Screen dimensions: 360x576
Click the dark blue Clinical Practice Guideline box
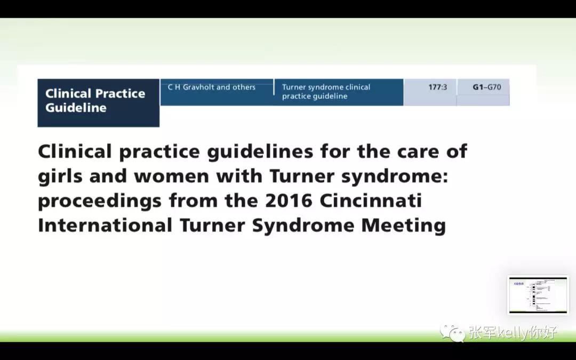(98, 102)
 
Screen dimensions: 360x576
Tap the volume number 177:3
(437, 87)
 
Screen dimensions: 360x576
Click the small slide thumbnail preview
(538, 295)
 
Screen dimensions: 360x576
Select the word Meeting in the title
(404, 225)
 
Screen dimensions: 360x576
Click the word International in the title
(105, 225)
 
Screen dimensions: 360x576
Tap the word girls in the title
(59, 177)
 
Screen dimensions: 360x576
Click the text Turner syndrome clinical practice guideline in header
(326, 92)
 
